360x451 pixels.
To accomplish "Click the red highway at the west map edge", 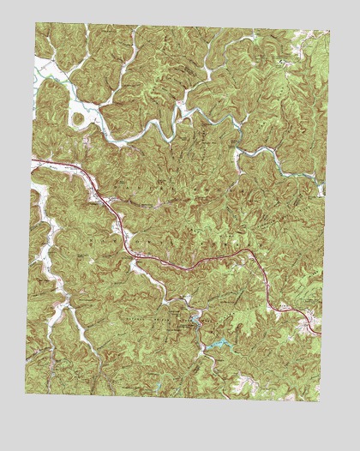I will pyautogui.click(x=34, y=160).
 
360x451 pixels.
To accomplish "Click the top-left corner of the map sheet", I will pyautogui.click(x=36, y=23).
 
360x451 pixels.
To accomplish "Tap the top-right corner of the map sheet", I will pyautogui.click(x=329, y=32).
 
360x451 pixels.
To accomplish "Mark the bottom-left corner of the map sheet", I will pyautogui.click(x=26, y=394).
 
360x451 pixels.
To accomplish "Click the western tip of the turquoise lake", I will pyautogui.click(x=204, y=346).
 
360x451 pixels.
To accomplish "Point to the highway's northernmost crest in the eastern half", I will pyautogui.click(x=244, y=250).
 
